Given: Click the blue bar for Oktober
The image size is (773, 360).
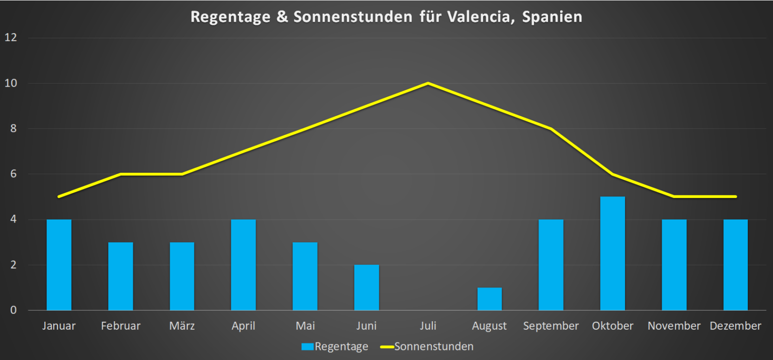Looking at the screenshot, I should click(x=612, y=253).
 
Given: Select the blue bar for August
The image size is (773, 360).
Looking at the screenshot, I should click(x=489, y=299).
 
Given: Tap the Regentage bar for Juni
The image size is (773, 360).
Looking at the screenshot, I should click(x=366, y=287).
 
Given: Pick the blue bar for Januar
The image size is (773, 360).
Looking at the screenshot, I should click(x=59, y=265).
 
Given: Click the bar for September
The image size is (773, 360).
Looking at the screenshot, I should click(x=551, y=265).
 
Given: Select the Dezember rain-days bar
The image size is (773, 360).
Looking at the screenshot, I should click(x=735, y=265).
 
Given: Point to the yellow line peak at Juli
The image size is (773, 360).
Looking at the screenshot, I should click(x=428, y=83).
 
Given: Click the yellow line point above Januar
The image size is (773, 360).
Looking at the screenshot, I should click(x=59, y=196).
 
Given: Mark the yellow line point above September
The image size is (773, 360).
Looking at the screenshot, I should click(x=551, y=129).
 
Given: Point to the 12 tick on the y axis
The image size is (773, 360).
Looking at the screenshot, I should click(x=11, y=38).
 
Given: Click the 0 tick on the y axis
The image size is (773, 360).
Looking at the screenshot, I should click(x=14, y=310).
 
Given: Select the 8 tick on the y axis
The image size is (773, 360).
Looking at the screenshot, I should click(x=14, y=129).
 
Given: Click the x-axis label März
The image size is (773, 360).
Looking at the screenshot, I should click(x=182, y=326).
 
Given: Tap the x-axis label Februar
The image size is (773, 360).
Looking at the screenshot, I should click(x=120, y=326).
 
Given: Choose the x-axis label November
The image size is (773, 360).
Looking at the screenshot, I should click(x=674, y=326).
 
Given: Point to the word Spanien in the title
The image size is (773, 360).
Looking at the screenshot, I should click(x=552, y=17).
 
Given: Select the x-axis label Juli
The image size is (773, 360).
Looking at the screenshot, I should click(x=428, y=326).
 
